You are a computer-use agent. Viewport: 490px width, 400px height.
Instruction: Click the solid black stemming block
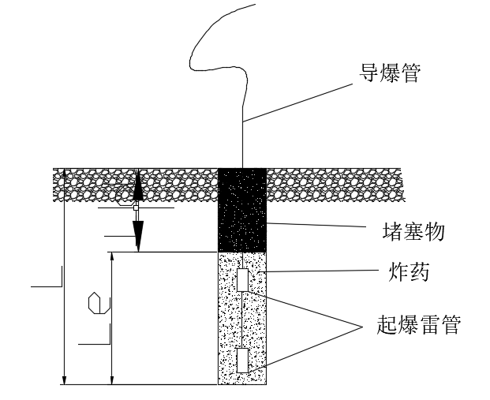point(242,210)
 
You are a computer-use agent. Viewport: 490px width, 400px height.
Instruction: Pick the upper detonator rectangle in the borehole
point(242,280)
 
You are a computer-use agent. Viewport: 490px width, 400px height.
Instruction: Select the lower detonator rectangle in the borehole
point(242,360)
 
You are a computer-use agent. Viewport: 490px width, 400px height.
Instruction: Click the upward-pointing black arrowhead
point(137,186)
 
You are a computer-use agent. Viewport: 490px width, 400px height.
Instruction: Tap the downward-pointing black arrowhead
point(137,234)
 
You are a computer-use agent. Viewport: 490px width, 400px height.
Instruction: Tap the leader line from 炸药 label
point(316,271)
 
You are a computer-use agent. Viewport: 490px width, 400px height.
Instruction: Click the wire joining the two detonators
point(242,320)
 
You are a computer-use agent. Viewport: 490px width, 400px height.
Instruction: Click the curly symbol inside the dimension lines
point(95,301)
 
